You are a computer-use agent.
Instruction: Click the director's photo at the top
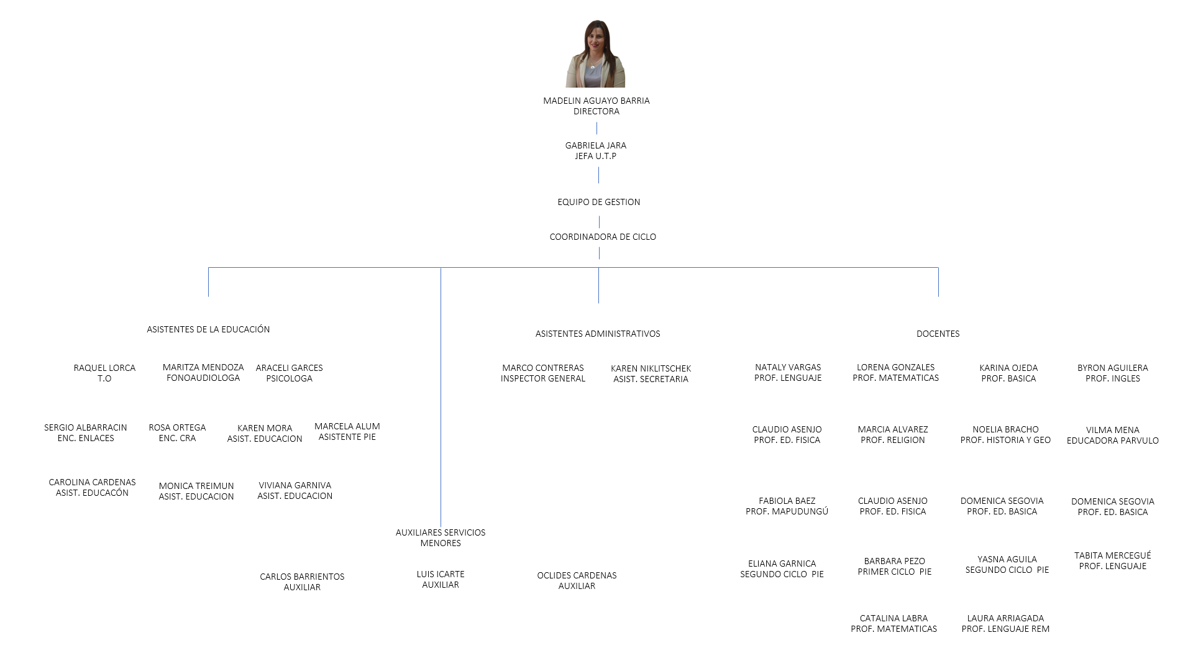(x=595, y=54)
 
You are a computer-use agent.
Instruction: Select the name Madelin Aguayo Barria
(x=596, y=101)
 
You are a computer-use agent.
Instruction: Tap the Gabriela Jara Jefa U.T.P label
(x=595, y=150)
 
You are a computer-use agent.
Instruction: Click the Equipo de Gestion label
(x=598, y=202)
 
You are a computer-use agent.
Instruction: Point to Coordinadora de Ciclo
(x=603, y=237)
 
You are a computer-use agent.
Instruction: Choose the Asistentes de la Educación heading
(x=208, y=329)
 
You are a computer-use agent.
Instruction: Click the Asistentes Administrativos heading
(x=598, y=334)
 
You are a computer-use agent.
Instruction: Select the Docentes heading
(x=938, y=334)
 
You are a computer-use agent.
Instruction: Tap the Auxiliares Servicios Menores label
(x=441, y=537)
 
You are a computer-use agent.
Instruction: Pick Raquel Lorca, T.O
(x=104, y=373)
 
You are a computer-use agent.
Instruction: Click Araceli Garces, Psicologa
(x=289, y=373)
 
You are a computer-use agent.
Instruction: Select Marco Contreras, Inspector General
(x=543, y=373)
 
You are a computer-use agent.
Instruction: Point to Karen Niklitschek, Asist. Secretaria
(x=651, y=373)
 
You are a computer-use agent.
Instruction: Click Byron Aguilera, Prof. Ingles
(x=1112, y=373)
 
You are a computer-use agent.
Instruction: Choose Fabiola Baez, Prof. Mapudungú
(x=787, y=506)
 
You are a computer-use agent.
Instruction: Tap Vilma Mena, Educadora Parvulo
(x=1112, y=435)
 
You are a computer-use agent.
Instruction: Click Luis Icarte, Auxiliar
(x=441, y=579)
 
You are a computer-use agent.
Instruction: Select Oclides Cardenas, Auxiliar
(x=577, y=580)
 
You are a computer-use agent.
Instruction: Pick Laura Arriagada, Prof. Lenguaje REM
(x=1005, y=623)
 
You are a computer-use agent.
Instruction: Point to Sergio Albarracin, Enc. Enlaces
(x=86, y=432)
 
